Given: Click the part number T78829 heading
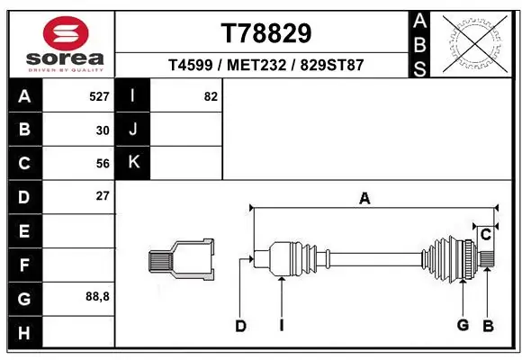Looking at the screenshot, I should point(265,33).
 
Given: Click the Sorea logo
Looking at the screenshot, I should point(65,41).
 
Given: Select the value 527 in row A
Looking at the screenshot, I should point(99,95).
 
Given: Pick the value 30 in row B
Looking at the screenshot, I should point(103,130).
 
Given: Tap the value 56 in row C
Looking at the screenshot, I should point(103,163).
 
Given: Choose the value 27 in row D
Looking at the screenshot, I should point(103,195).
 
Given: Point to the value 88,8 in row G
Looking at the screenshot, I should point(97,296).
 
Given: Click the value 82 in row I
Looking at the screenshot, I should point(211,95).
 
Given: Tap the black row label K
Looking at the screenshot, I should point(132,163).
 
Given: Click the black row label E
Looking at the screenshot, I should point(23,230).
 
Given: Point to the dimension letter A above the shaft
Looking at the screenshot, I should point(364,199).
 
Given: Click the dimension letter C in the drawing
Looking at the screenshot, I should point(485,235).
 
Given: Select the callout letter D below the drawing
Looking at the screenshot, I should point(240,327).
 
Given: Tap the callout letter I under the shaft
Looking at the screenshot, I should point(282,325).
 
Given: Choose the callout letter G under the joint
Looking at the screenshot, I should point(463,324).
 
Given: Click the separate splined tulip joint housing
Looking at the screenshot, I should point(182,259).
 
